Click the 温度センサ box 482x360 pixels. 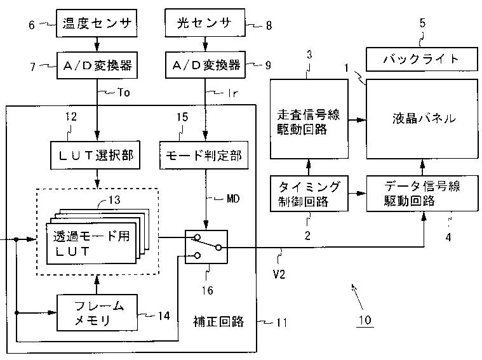coord(97,23)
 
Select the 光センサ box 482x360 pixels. coord(205,23)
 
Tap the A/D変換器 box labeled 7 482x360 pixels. coord(97,65)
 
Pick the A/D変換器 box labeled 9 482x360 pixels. coord(205,65)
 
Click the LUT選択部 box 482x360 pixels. coord(95,155)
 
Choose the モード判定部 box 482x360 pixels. coord(204,155)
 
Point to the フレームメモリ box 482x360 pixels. coord(97,312)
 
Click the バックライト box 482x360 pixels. coord(422,59)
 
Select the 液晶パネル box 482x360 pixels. coord(422,119)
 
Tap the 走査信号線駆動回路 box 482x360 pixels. coord(309,119)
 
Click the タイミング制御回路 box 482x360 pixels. coord(309,194)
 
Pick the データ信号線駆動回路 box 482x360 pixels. coord(422,194)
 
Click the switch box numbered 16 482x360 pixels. coord(206,247)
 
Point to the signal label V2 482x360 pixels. coord(279,274)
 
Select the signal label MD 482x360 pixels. coord(233,199)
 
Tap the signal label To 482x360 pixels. coord(124,92)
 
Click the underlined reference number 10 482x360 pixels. coord(365,321)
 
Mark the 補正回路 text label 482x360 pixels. coord(218,321)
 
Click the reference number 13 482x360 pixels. coord(114,200)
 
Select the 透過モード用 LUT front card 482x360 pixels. coord(91,243)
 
